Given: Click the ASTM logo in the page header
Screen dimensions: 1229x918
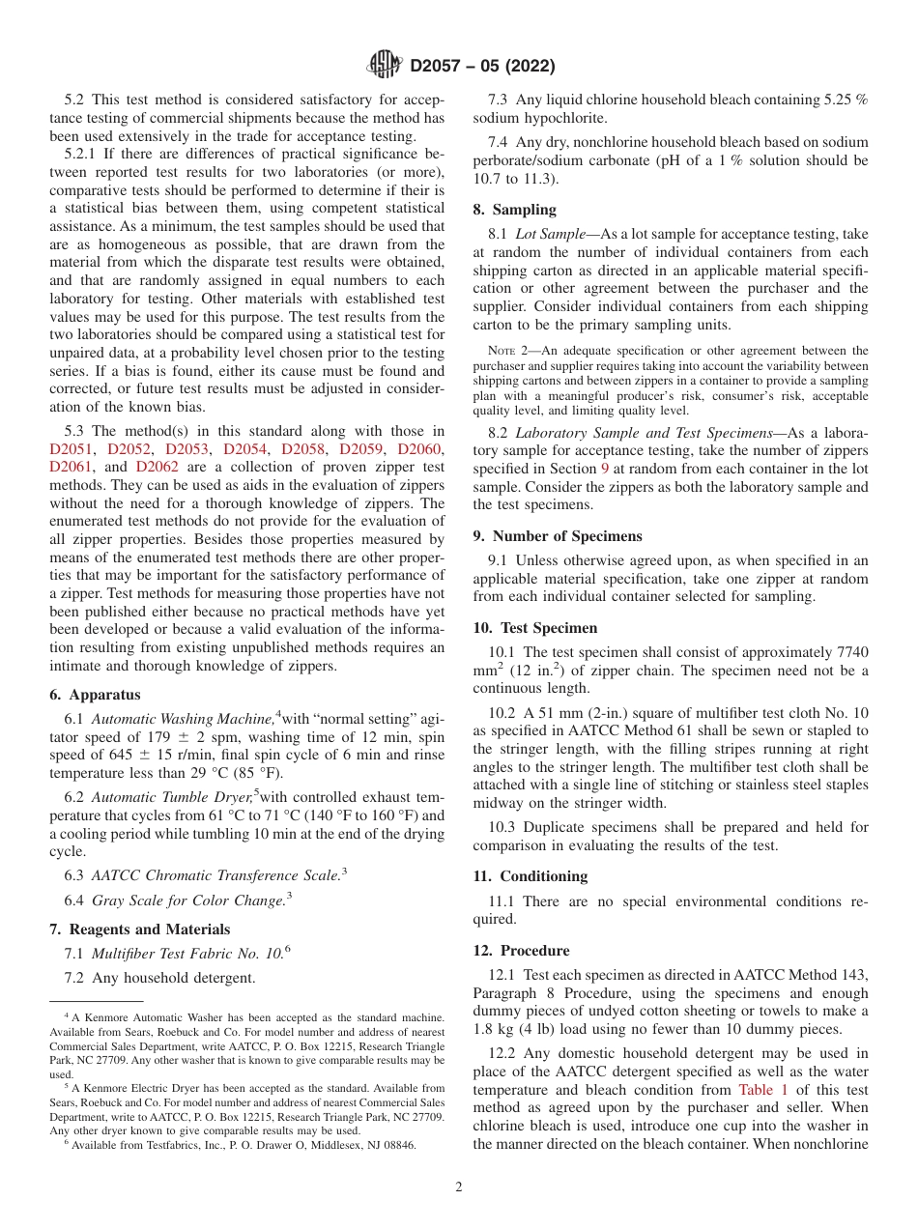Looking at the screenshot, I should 387,66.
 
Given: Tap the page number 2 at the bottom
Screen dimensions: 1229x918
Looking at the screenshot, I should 459,1186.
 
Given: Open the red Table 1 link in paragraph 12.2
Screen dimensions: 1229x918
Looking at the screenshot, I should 762,1089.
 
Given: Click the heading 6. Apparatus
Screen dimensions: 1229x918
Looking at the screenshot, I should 95,695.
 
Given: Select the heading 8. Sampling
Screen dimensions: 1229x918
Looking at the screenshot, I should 514,209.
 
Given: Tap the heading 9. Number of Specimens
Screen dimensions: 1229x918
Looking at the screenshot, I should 557,536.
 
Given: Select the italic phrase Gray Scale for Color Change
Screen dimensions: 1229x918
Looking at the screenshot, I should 187,900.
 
